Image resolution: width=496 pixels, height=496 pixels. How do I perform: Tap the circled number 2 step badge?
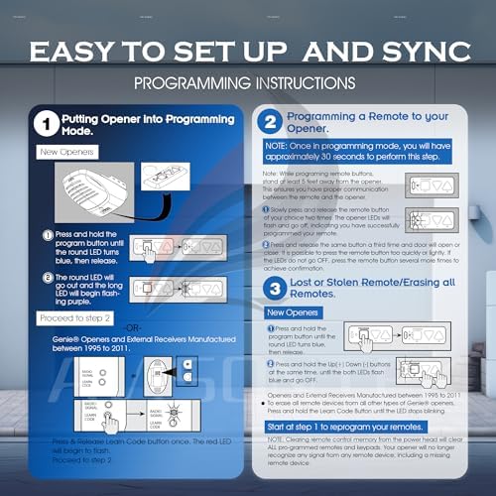269,122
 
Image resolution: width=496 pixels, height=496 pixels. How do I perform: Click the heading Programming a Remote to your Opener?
366,122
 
